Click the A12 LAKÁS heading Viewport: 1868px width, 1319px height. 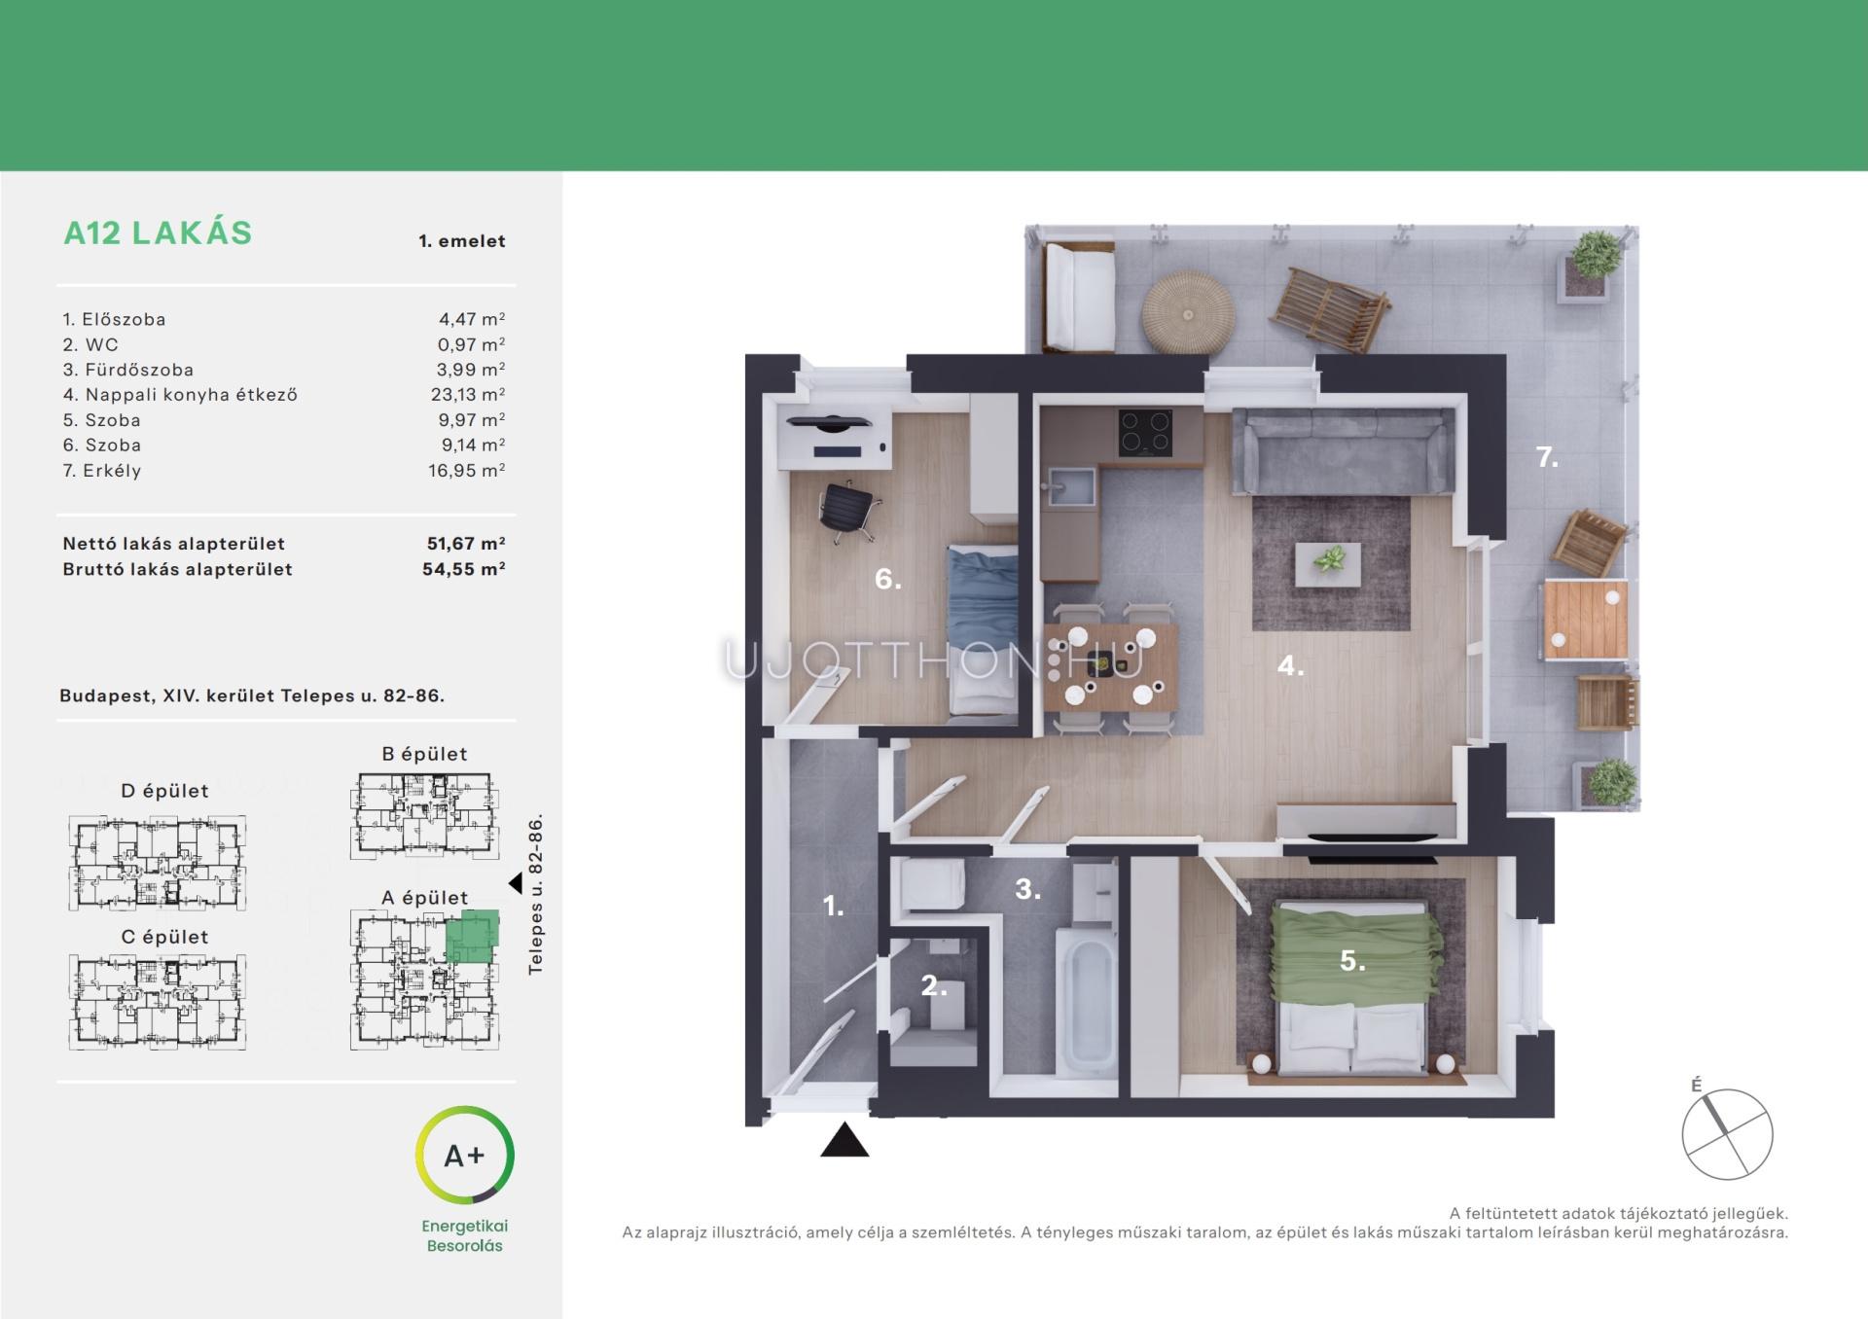coord(158,233)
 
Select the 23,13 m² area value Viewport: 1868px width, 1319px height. coord(468,395)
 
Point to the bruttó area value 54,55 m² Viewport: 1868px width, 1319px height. coord(464,569)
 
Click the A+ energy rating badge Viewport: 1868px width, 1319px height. coord(465,1155)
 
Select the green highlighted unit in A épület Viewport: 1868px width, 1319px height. coord(472,937)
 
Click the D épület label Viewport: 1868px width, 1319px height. coord(164,791)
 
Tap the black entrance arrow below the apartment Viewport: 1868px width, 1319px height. coord(844,1140)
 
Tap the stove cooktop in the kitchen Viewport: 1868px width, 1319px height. coord(1145,433)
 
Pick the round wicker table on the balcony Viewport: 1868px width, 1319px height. coord(1188,312)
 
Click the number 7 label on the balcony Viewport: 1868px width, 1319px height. coord(1547,456)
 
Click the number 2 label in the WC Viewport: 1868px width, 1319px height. coord(933,986)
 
